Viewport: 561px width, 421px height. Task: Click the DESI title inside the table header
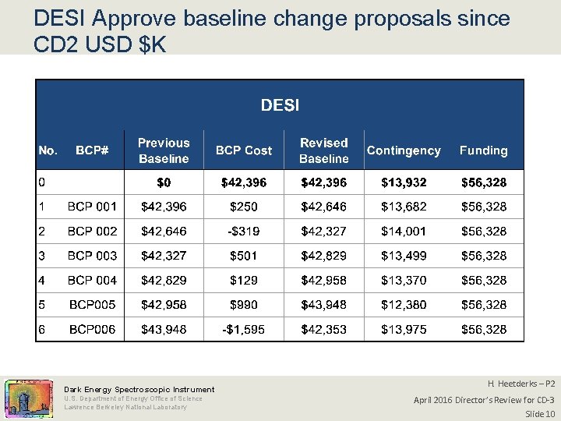pyautogui.click(x=280, y=104)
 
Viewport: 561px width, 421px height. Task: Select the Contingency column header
pyautogui.click(x=403, y=150)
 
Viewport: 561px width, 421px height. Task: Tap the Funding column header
pyautogui.click(x=483, y=150)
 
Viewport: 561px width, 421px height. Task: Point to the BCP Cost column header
pyautogui.click(x=244, y=150)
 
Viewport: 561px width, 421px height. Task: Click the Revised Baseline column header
pyautogui.click(x=323, y=150)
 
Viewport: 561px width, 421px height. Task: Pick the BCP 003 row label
pyautogui.click(x=92, y=256)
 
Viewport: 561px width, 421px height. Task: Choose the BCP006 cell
pyautogui.click(x=92, y=330)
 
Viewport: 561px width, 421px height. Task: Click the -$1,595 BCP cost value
pyautogui.click(x=244, y=330)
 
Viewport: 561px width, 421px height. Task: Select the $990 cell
pyautogui.click(x=244, y=305)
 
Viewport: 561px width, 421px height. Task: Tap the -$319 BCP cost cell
pyautogui.click(x=244, y=232)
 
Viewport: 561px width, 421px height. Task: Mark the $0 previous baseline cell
pyautogui.click(x=164, y=182)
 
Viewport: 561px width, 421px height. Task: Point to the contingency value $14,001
pyautogui.click(x=404, y=232)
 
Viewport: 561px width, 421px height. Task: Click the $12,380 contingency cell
pyautogui.click(x=404, y=305)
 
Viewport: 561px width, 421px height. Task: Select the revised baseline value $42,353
pyautogui.click(x=324, y=330)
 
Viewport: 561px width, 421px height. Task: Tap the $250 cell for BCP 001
pyautogui.click(x=244, y=207)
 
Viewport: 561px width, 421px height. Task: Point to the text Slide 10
pyautogui.click(x=539, y=413)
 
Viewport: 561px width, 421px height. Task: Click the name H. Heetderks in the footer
pyautogui.click(x=510, y=384)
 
